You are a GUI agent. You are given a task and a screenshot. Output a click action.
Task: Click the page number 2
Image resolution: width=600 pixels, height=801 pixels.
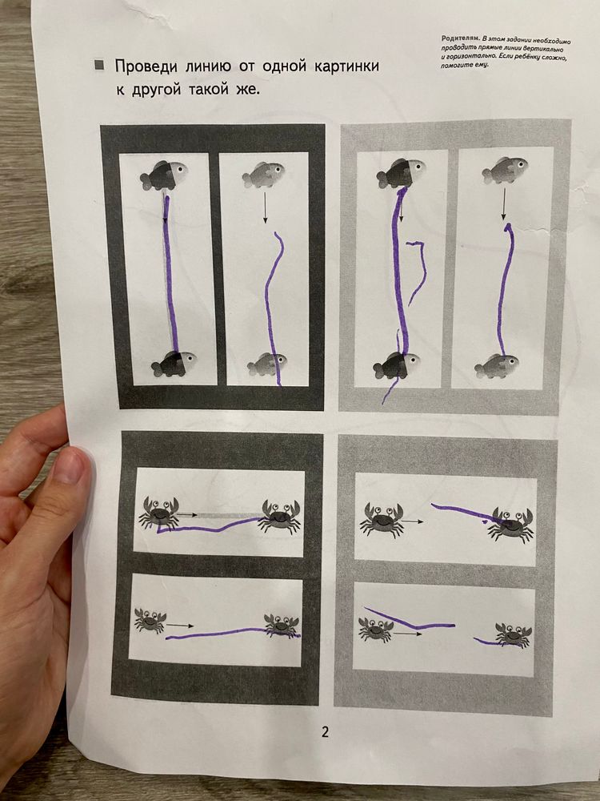[325, 732]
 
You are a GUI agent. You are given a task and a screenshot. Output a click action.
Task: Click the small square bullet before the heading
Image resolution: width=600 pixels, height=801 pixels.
[99, 66]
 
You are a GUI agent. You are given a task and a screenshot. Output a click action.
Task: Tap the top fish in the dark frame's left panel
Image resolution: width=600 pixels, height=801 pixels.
[163, 175]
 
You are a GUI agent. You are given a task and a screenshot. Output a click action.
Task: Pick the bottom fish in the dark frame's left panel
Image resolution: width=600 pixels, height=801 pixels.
[174, 363]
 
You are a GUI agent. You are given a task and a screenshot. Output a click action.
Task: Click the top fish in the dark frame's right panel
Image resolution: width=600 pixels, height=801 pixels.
[263, 174]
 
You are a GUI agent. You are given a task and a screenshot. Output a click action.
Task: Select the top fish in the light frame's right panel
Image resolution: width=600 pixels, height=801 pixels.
[505, 170]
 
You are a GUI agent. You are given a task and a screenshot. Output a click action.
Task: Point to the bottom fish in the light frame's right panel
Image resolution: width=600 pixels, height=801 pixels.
[497, 366]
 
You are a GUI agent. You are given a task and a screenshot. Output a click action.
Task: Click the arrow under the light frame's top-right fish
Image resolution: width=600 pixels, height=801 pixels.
[504, 203]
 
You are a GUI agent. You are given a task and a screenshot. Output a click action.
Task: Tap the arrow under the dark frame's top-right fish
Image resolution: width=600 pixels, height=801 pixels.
[265, 207]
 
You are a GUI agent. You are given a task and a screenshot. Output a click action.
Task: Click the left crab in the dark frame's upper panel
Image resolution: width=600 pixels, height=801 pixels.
[158, 513]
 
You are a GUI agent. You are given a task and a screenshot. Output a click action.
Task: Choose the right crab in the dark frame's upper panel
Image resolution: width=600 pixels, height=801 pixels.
[280, 516]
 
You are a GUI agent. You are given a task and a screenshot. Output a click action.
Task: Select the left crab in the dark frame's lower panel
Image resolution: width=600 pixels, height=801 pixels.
[150, 620]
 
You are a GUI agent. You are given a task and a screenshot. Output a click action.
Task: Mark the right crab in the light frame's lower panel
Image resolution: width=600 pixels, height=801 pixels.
[514, 634]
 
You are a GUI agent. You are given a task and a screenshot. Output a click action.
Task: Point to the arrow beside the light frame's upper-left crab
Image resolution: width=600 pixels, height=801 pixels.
[413, 521]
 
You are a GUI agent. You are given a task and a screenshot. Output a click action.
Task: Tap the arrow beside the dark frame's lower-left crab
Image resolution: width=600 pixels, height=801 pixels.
[180, 625]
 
